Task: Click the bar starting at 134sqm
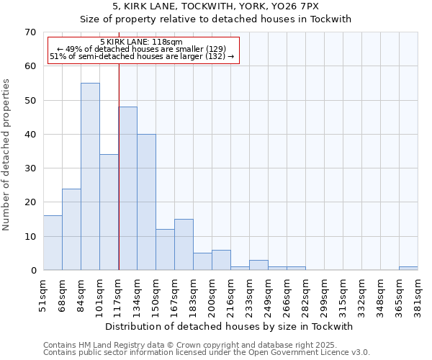(x=146, y=202)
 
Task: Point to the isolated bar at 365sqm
(x=408, y=269)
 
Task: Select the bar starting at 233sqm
(x=258, y=265)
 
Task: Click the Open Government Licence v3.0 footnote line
(x=207, y=353)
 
